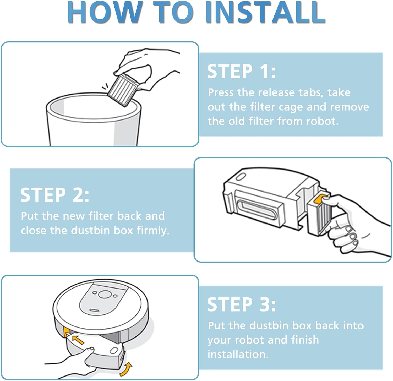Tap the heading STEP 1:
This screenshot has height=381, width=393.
241,71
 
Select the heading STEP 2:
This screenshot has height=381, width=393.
54,195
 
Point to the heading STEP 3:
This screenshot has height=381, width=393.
241,304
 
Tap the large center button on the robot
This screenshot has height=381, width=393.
105,294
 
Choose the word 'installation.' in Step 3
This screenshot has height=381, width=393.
238,354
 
